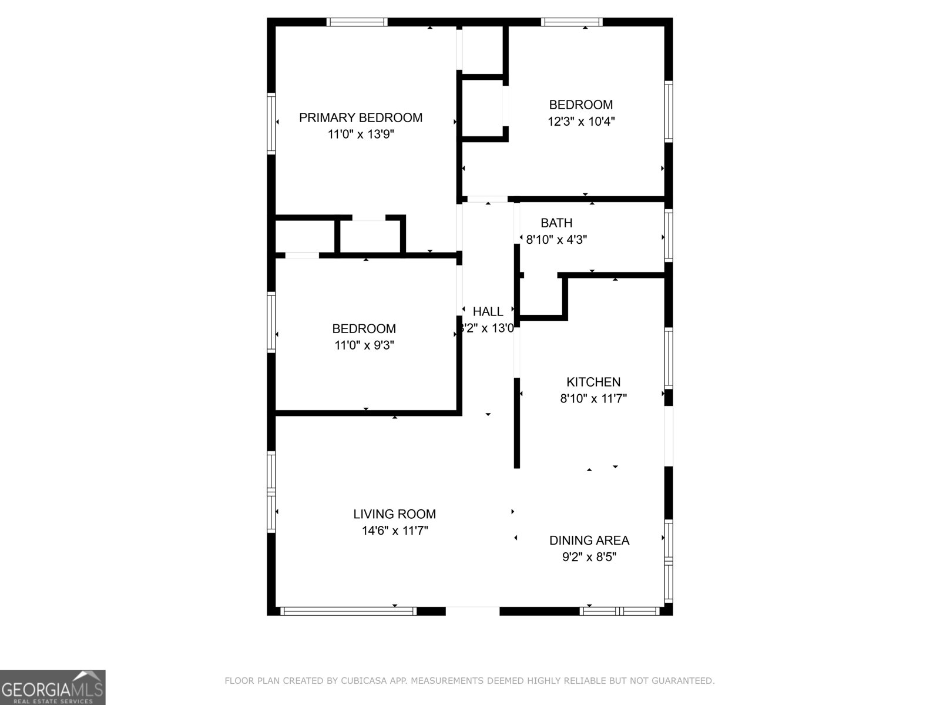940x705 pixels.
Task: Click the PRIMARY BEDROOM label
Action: [360, 117]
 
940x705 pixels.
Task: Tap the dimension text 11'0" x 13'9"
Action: [360, 135]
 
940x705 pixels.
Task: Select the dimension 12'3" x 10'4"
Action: [581, 122]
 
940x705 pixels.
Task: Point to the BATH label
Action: [556, 223]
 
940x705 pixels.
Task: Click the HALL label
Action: [488, 312]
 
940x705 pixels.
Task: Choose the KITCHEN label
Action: [593, 382]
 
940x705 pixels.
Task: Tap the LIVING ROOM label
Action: [394, 514]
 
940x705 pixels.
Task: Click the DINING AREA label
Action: [589, 540]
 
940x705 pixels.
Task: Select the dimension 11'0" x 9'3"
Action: [364, 345]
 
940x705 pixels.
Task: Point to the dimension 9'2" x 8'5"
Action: [589, 557]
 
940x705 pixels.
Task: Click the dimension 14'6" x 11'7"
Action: [394, 531]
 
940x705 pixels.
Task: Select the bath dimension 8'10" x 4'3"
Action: [556, 240]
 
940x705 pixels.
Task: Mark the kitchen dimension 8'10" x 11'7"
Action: [593, 399]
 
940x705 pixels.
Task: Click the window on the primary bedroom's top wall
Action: [357, 22]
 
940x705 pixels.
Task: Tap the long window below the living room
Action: [348, 611]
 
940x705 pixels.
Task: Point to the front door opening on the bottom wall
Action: [472, 611]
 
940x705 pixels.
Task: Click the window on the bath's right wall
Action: [668, 235]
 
